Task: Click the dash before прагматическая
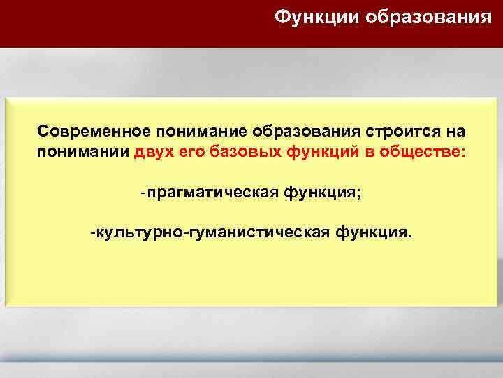click(x=143, y=192)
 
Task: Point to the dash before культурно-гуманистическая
click(x=92, y=231)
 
